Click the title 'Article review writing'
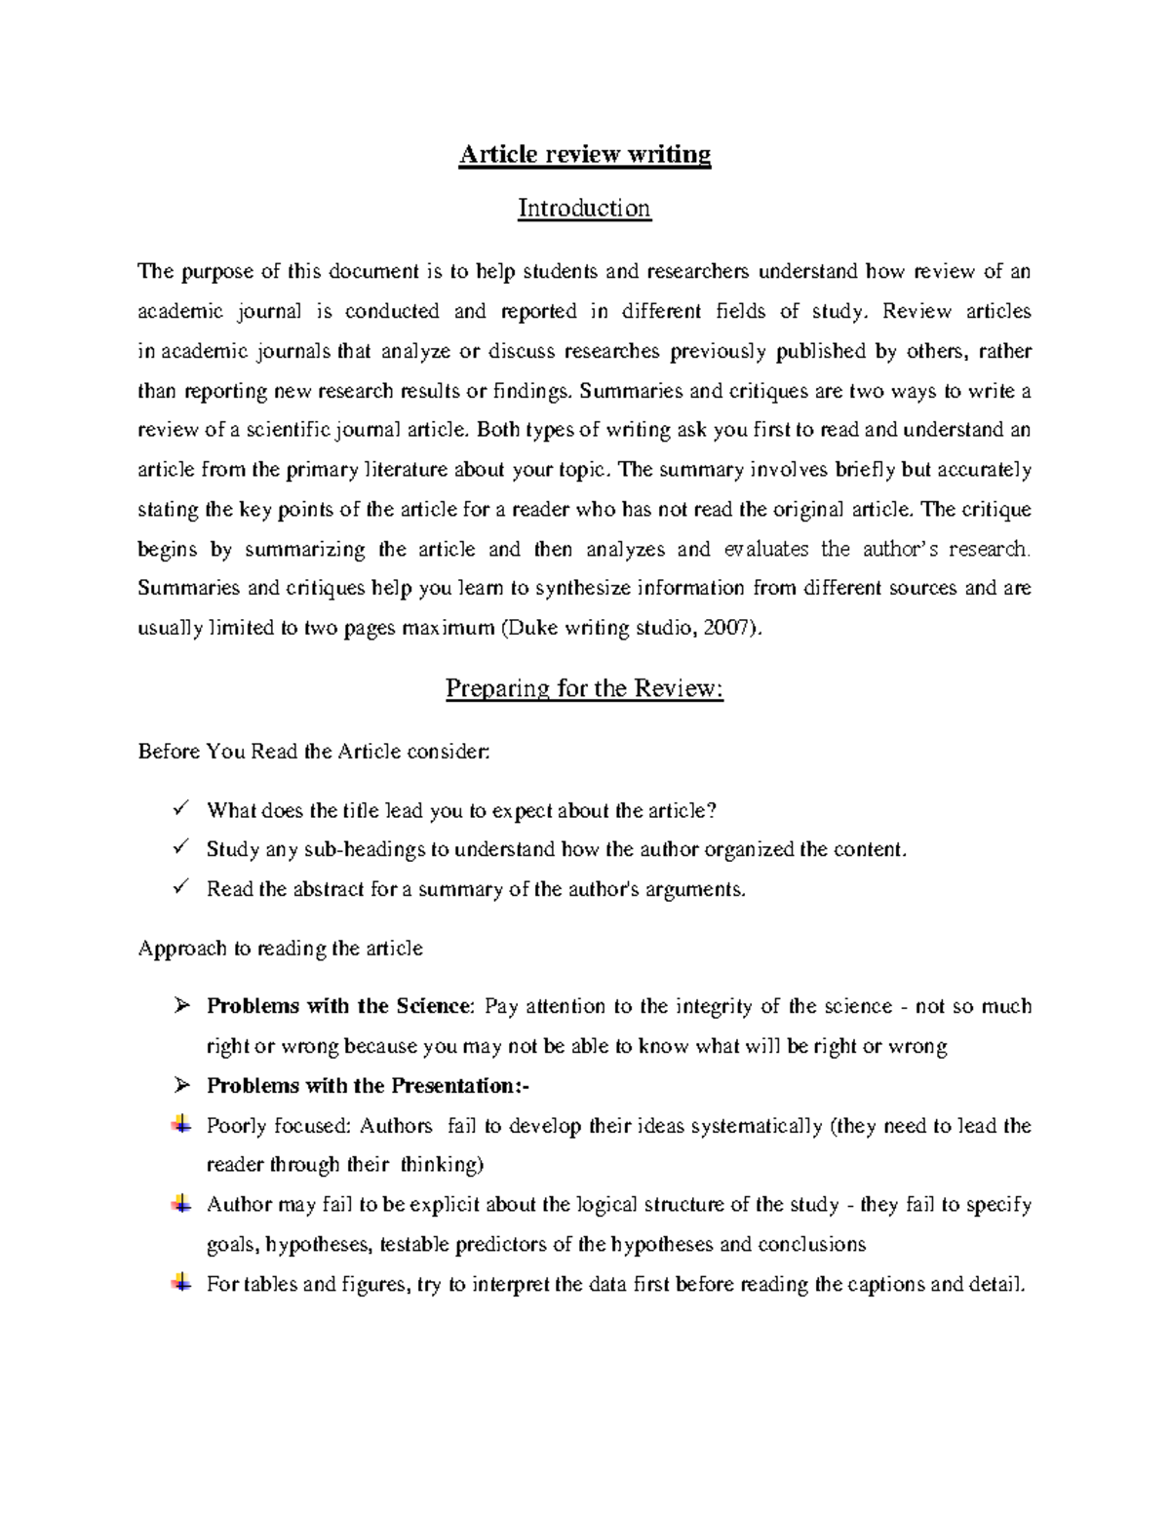(x=585, y=154)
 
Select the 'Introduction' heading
(x=584, y=208)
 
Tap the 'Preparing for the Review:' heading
(x=584, y=688)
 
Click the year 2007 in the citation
(x=729, y=628)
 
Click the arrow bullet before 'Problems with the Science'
(x=179, y=1006)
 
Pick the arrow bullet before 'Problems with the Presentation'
(x=179, y=1085)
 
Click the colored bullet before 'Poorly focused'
(x=180, y=1125)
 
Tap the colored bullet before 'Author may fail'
(x=180, y=1204)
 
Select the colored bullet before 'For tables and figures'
(x=180, y=1283)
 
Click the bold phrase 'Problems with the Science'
(x=338, y=1006)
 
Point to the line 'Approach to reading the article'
(x=281, y=949)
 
